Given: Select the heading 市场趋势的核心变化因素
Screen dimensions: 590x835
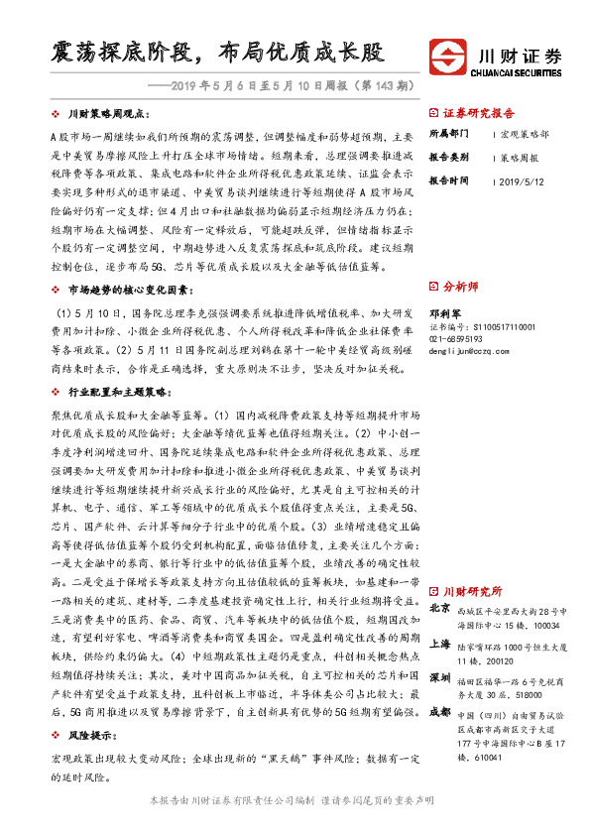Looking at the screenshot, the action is coord(123,289).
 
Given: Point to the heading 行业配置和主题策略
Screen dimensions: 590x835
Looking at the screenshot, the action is coord(116,393).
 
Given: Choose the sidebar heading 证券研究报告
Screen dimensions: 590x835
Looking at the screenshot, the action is coord(475,114).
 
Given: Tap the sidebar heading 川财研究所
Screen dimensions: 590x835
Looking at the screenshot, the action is coord(466,590).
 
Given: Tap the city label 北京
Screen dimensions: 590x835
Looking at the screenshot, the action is coord(441,608).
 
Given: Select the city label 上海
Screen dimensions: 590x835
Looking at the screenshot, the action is coord(441,644).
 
